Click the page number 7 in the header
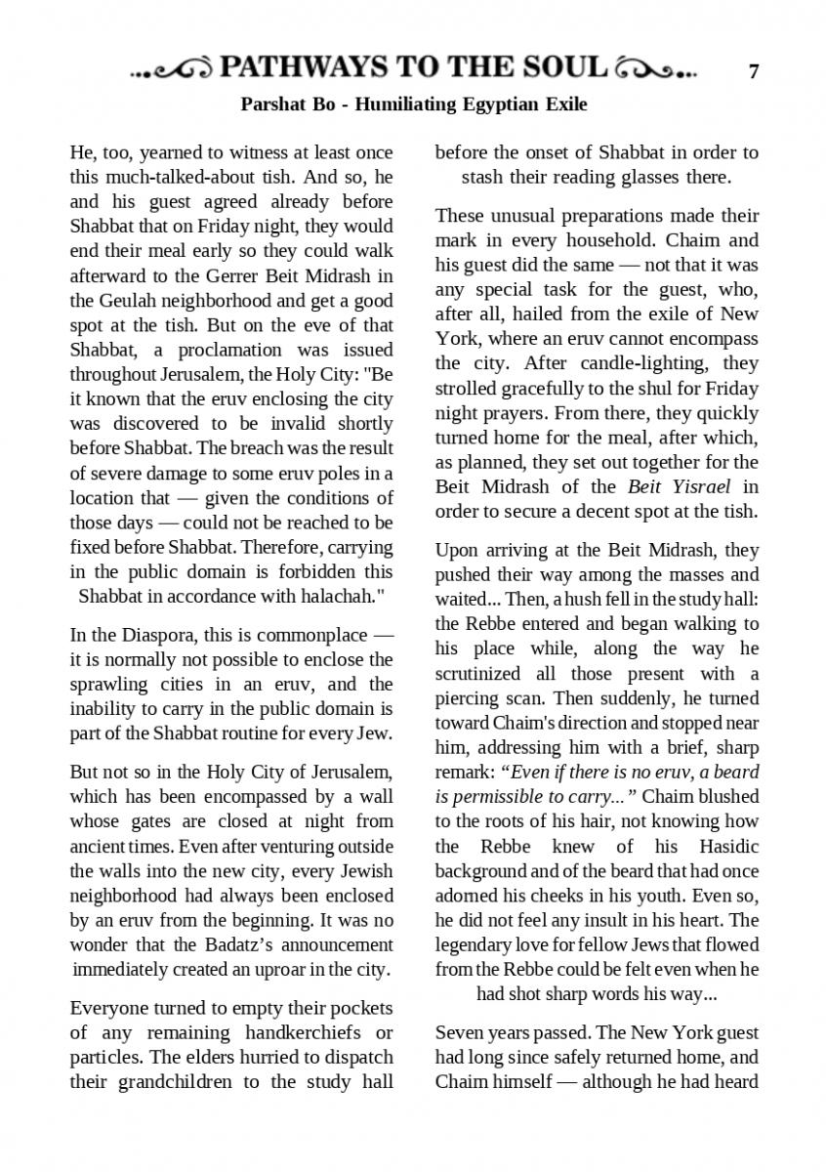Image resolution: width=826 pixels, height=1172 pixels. coord(753,71)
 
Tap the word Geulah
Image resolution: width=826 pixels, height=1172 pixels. coord(129,300)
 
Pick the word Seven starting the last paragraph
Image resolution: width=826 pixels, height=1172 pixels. coord(458,1032)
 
